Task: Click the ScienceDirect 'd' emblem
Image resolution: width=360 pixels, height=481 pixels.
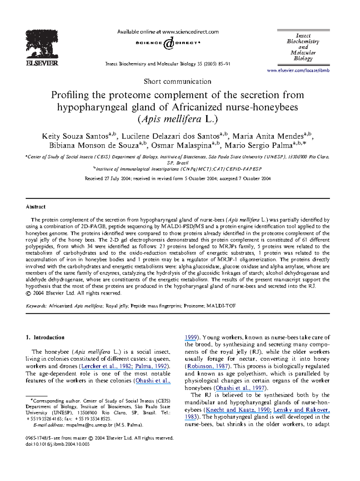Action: point(169,43)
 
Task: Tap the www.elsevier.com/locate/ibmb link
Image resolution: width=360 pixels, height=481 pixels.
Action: point(298,71)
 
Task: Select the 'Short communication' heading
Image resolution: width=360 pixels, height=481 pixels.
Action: point(177,81)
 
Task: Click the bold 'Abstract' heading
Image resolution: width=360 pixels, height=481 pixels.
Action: point(35,207)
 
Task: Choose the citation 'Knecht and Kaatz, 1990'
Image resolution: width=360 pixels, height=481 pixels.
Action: point(238,410)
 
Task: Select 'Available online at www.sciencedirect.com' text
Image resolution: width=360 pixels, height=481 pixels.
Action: point(168,32)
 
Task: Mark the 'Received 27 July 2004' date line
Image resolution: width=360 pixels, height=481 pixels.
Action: point(178,179)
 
